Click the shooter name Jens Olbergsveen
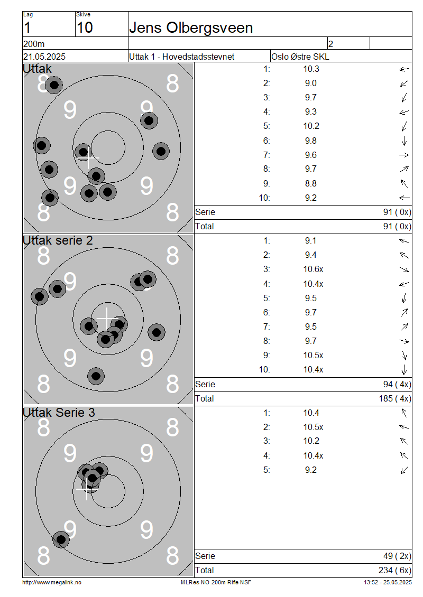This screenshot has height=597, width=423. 191,28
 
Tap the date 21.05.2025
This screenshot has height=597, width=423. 44,57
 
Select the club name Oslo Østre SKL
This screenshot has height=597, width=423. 300,57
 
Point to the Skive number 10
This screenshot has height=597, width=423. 85,28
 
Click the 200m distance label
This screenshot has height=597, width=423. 34,44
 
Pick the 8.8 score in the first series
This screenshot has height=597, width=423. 310,183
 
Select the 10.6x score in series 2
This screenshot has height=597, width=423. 313,269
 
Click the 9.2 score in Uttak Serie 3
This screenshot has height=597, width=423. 310,470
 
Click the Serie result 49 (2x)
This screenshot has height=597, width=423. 397,556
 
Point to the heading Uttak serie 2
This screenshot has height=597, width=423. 58,240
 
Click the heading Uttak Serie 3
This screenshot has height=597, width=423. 59,413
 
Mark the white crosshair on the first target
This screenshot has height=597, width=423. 88,157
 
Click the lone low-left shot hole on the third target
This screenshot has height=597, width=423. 61,539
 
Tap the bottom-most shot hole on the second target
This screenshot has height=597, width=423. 96,376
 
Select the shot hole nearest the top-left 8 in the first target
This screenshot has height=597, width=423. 54,85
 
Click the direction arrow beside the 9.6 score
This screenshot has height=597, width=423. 404,155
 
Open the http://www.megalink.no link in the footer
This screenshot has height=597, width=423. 52,583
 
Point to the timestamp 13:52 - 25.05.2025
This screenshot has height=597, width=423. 388,583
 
